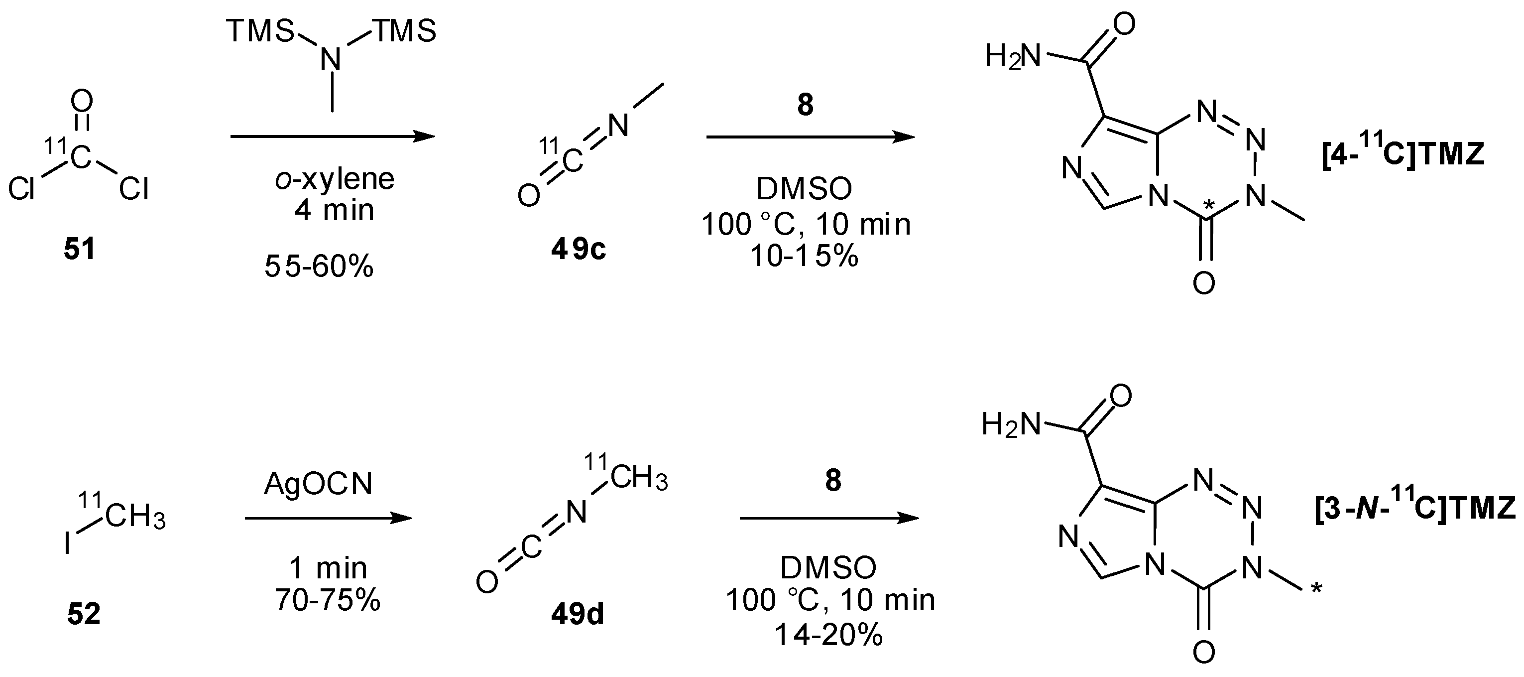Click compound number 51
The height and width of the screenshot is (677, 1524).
(x=79, y=249)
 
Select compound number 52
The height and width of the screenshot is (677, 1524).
(x=84, y=614)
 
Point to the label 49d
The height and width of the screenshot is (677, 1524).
(x=577, y=614)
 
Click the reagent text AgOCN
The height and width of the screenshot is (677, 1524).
(x=318, y=484)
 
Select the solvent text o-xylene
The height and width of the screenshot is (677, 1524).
(x=334, y=179)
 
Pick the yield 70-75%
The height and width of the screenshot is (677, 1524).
(x=327, y=600)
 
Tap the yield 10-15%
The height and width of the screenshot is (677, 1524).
(x=805, y=256)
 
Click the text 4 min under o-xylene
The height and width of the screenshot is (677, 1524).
(x=334, y=210)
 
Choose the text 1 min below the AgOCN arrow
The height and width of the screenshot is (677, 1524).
(x=327, y=568)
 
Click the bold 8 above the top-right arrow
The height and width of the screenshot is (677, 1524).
(x=805, y=105)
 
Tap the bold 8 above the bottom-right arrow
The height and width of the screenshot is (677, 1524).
(x=833, y=481)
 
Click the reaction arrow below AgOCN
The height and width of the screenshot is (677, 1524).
(x=328, y=519)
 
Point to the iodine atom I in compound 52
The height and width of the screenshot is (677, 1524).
(x=67, y=543)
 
